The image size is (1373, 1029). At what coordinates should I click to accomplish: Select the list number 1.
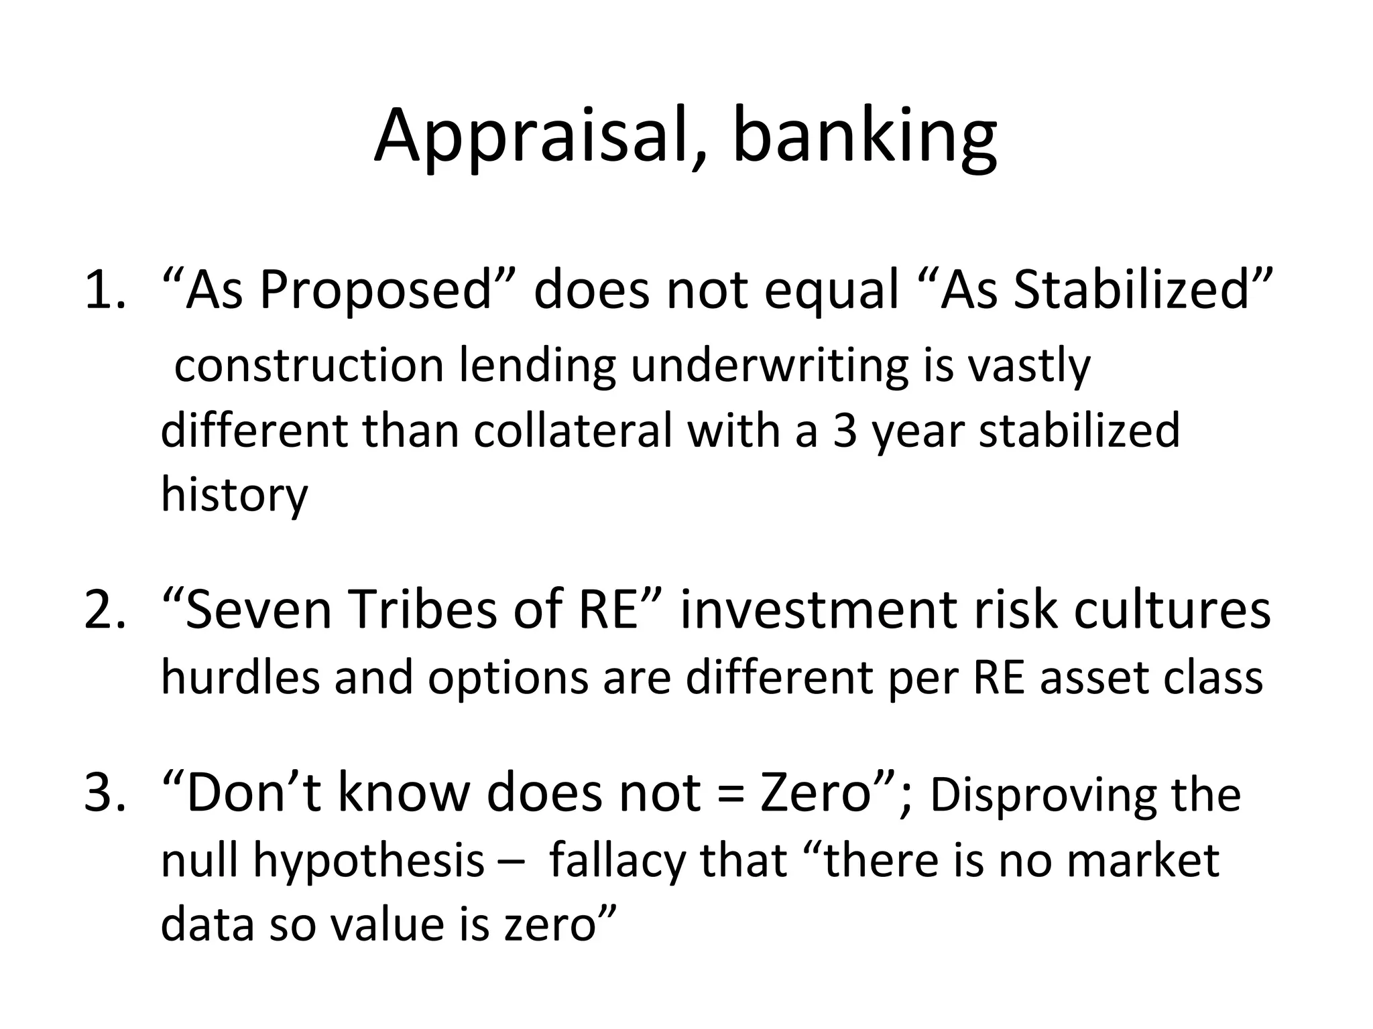point(104,292)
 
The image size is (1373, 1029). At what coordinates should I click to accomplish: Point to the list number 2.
point(104,611)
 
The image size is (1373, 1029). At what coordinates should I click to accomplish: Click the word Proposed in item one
point(375,292)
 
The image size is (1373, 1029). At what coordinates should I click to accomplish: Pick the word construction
point(309,366)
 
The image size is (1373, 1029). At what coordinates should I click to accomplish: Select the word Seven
point(259,611)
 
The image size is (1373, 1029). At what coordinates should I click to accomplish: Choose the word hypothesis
point(369,860)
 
